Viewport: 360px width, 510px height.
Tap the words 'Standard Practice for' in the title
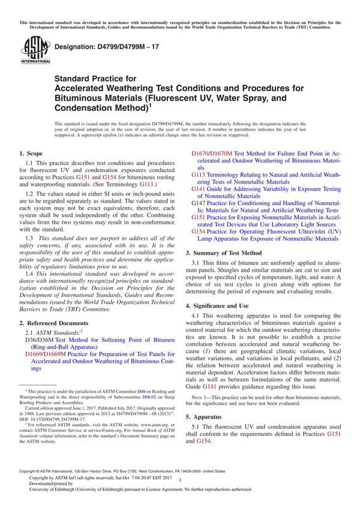coord(95,78)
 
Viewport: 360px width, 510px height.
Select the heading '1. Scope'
coord(34,154)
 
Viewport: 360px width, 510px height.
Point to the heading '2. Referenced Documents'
coord(59,322)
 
